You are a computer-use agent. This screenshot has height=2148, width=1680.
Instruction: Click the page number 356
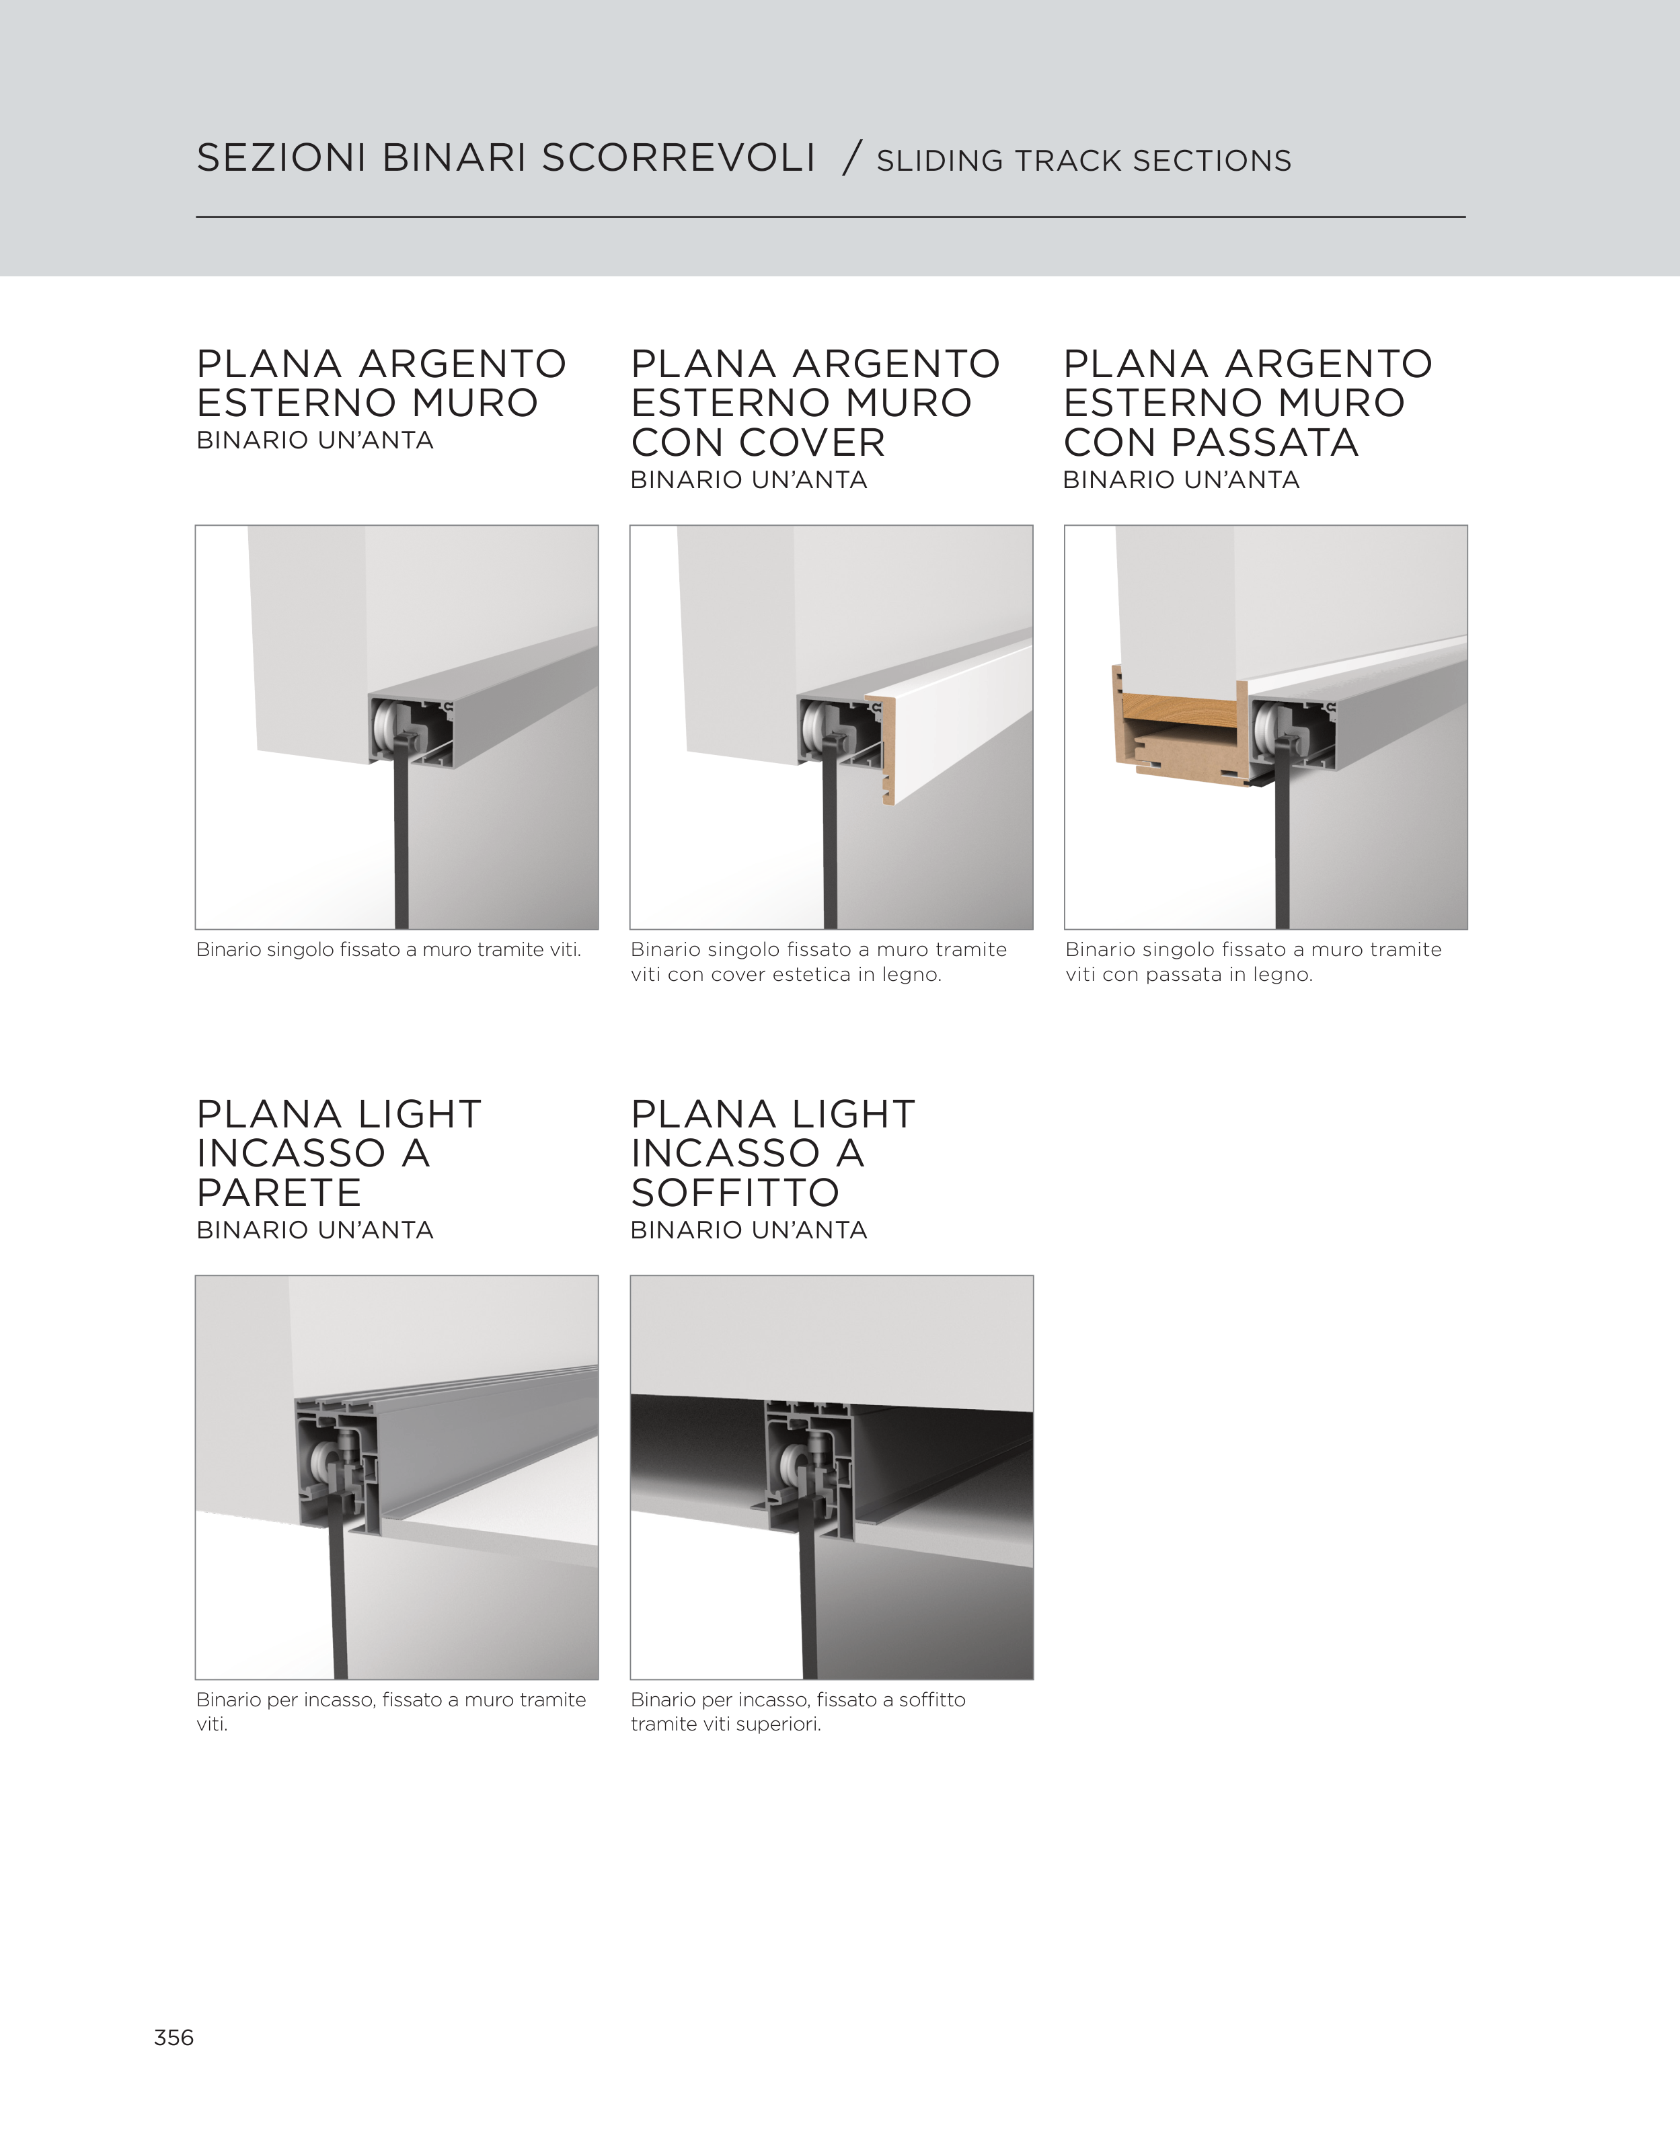click(x=174, y=2037)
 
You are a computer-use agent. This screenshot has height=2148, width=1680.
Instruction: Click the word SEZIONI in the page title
click(x=281, y=159)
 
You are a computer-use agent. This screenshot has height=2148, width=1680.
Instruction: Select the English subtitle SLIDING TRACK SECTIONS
click(x=1084, y=160)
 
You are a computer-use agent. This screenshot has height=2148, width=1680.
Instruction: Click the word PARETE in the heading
click(x=279, y=1193)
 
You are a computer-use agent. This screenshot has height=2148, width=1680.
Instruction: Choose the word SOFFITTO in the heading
click(x=736, y=1193)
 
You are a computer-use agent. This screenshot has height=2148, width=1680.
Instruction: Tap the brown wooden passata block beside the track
click(x=1180, y=733)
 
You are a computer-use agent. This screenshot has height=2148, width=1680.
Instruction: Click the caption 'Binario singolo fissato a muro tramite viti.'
click(x=389, y=950)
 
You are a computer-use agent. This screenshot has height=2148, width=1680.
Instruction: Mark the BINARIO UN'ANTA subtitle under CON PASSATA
click(x=1181, y=480)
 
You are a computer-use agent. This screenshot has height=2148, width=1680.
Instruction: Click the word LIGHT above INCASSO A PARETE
click(x=419, y=1114)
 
